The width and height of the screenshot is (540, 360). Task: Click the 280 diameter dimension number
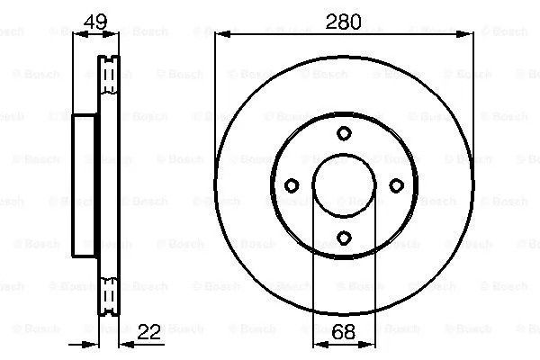pos(344,22)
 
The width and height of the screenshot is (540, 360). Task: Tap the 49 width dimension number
pos(95,22)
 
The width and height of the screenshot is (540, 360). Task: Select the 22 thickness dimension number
pos(149,332)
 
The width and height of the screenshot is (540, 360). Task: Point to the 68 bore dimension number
pos(344,332)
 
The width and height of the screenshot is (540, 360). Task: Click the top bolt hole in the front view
pos(344,133)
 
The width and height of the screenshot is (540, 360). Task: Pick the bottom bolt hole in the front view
pos(344,238)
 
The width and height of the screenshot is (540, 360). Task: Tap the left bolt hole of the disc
pos(292,185)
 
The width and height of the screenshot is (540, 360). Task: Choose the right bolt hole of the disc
pos(396,185)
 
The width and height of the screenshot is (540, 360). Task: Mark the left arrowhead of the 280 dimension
pos(222,34)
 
